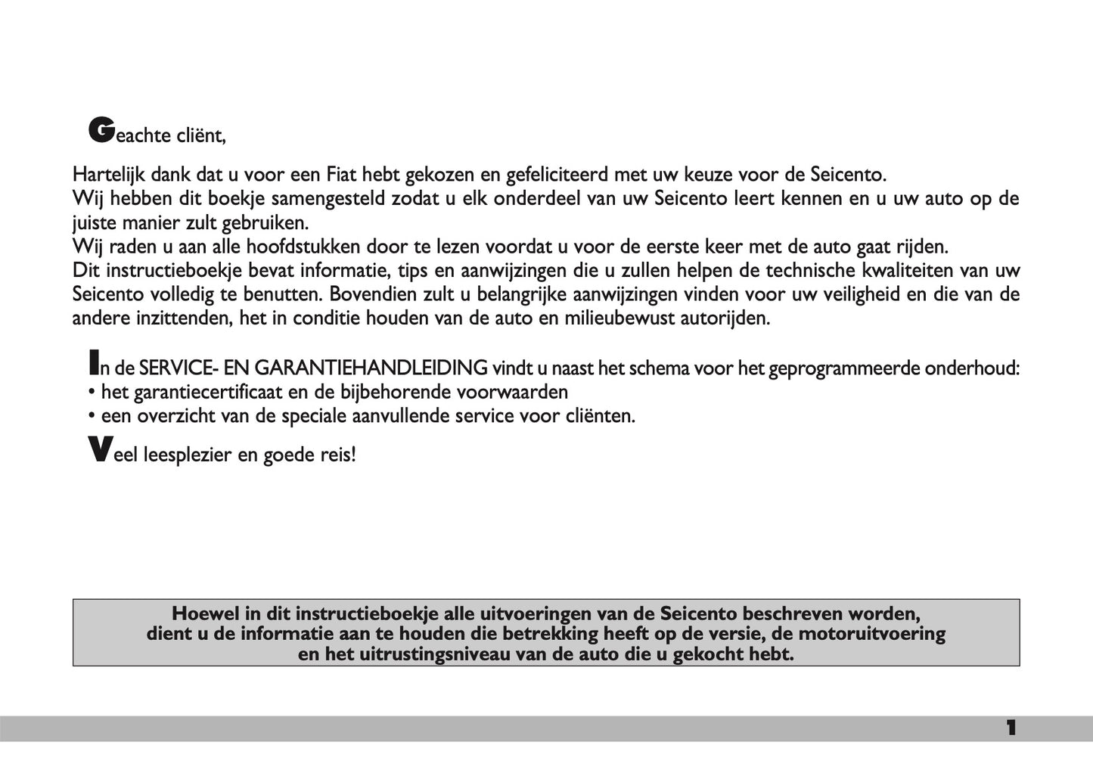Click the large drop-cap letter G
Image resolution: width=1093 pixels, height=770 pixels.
(x=101, y=130)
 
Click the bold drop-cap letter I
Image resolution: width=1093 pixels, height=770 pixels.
(x=94, y=362)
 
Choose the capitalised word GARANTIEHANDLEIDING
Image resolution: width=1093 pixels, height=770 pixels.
(x=371, y=368)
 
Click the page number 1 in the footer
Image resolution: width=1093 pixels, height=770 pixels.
(x=1011, y=728)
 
